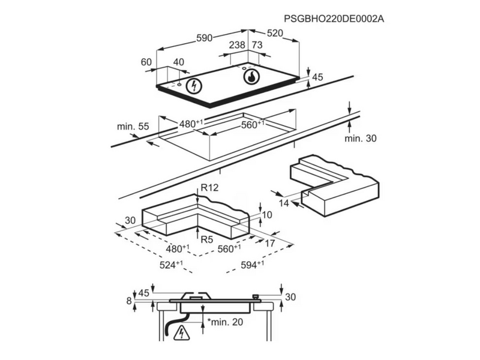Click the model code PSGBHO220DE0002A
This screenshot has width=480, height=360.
click(334, 19)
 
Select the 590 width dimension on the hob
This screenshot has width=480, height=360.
click(204, 38)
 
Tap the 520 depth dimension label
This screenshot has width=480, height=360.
click(275, 33)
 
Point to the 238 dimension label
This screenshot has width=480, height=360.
click(237, 45)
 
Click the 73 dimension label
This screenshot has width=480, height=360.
click(257, 45)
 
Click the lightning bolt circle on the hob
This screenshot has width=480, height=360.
click(194, 86)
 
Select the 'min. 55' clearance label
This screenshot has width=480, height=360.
click(133, 127)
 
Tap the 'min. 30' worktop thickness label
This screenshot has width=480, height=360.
click(361, 139)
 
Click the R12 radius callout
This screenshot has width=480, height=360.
click(209, 187)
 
